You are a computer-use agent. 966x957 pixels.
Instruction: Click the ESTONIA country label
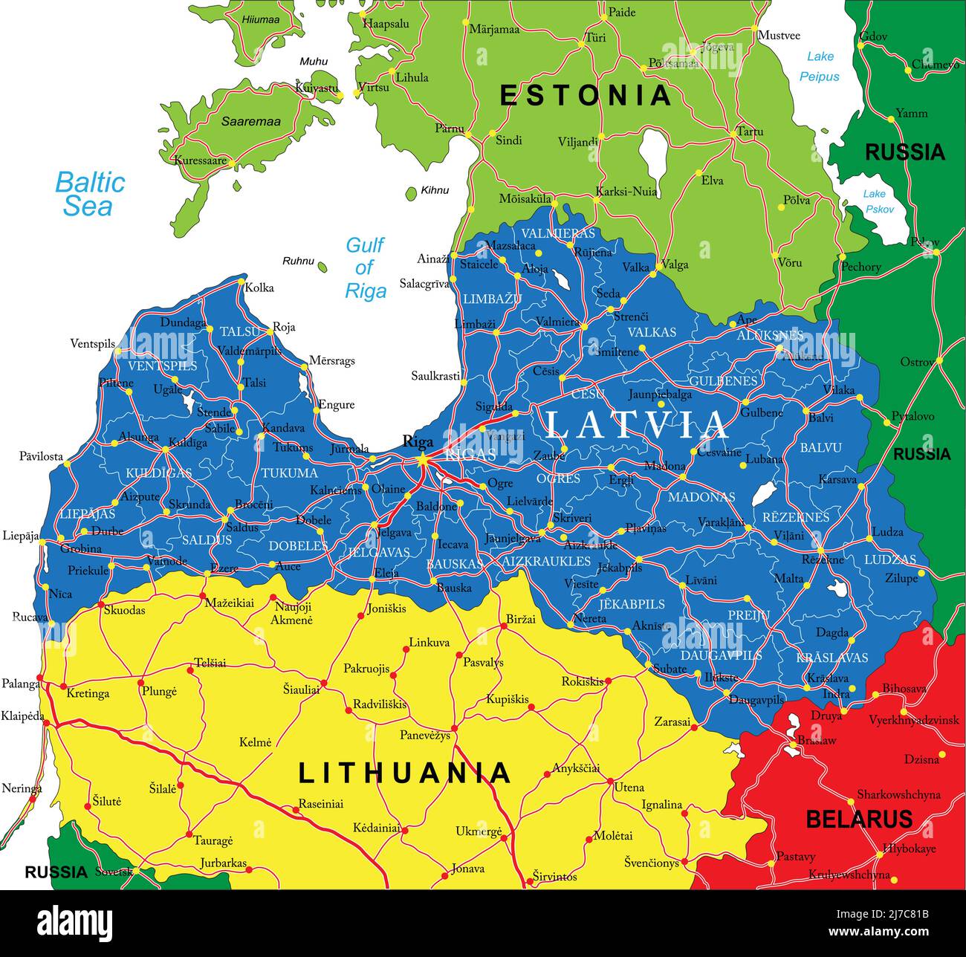point(586,96)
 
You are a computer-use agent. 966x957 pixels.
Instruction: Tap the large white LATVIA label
point(638,425)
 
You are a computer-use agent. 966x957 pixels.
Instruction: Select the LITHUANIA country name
point(405,773)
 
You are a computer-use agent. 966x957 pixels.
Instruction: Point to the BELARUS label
point(859,820)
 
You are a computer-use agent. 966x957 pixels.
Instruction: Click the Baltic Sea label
point(90,194)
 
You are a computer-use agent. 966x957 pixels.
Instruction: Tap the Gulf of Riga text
point(365,267)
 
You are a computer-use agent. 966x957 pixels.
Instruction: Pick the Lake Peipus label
point(820,66)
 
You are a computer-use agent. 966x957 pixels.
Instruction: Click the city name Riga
point(417,442)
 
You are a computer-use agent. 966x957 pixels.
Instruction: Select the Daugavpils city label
point(756,700)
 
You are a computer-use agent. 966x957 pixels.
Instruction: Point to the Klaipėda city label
point(22,717)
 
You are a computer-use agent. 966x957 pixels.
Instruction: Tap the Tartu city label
point(749,132)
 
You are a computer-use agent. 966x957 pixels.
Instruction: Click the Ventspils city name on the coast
point(92,344)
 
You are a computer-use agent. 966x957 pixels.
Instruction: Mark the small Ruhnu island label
point(297,261)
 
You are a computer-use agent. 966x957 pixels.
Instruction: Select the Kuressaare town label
point(200,160)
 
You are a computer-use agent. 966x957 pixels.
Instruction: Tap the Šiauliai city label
point(301,690)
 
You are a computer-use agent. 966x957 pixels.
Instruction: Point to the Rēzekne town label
point(823,559)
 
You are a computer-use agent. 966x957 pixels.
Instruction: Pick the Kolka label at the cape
point(259,288)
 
